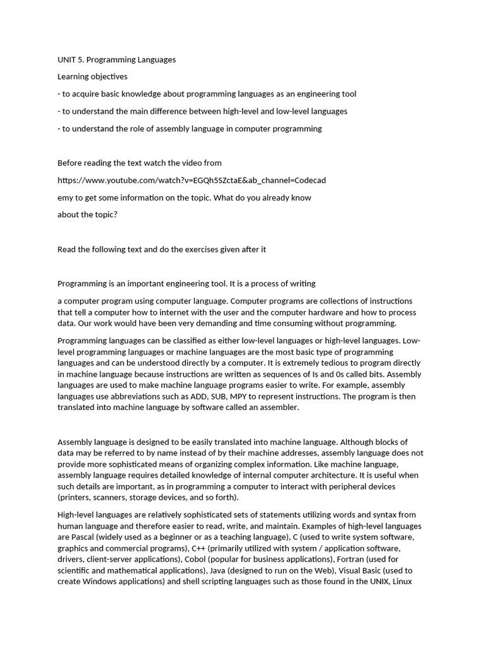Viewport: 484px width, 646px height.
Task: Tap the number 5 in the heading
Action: point(81,60)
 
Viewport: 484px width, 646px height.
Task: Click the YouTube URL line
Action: point(192,180)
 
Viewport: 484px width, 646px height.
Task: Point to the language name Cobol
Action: point(195,560)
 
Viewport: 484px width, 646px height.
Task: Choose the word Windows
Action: point(101,582)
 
